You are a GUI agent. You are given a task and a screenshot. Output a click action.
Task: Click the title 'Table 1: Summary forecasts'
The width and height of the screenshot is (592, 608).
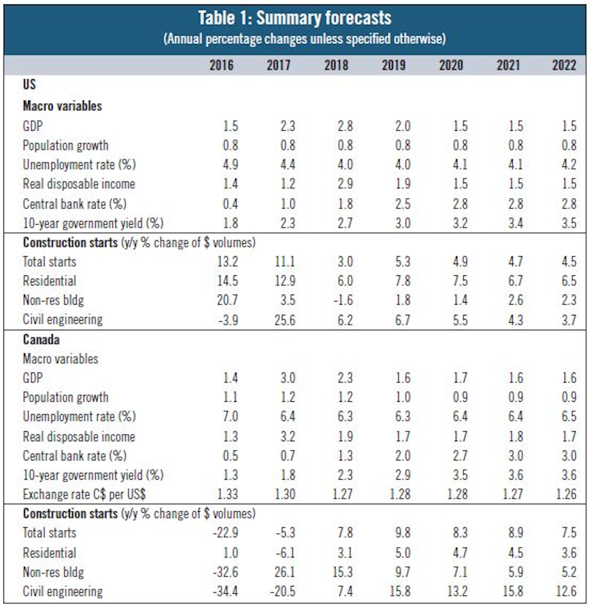tap(295, 18)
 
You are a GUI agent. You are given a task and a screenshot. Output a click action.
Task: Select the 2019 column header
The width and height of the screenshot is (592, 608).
tap(393, 65)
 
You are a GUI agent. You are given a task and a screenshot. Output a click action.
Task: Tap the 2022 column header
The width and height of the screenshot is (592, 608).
tap(564, 65)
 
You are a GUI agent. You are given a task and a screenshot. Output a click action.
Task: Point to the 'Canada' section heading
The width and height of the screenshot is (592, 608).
tap(41, 340)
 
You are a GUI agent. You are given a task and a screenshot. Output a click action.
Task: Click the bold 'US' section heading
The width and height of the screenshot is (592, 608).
tap(29, 84)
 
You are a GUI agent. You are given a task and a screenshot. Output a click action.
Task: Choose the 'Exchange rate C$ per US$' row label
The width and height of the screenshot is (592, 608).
tap(84, 494)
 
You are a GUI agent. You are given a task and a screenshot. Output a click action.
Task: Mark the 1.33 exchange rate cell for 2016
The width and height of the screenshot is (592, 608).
tap(227, 494)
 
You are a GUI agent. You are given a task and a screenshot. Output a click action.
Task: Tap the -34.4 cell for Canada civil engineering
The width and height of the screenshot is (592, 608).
tap(226, 591)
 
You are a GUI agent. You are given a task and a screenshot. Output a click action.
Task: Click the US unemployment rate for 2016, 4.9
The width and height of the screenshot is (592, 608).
tap(230, 164)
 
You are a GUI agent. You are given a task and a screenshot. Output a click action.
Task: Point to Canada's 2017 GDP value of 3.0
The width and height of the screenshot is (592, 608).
tap(287, 378)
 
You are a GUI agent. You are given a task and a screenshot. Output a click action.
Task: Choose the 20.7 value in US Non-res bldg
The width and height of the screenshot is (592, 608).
tap(227, 300)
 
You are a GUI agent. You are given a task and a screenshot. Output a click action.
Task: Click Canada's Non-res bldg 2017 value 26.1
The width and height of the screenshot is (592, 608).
tap(285, 572)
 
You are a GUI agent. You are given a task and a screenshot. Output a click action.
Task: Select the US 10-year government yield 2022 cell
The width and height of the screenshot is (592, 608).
tap(568, 223)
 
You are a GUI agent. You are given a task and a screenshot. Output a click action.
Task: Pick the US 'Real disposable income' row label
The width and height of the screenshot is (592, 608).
tap(78, 184)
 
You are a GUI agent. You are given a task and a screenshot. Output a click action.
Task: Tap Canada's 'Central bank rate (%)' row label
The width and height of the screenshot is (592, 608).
tap(74, 456)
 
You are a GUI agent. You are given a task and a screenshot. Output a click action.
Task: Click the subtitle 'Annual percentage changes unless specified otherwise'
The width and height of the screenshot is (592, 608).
tap(304, 38)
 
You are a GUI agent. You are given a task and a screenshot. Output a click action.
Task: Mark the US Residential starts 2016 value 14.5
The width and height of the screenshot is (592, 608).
tap(227, 281)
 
